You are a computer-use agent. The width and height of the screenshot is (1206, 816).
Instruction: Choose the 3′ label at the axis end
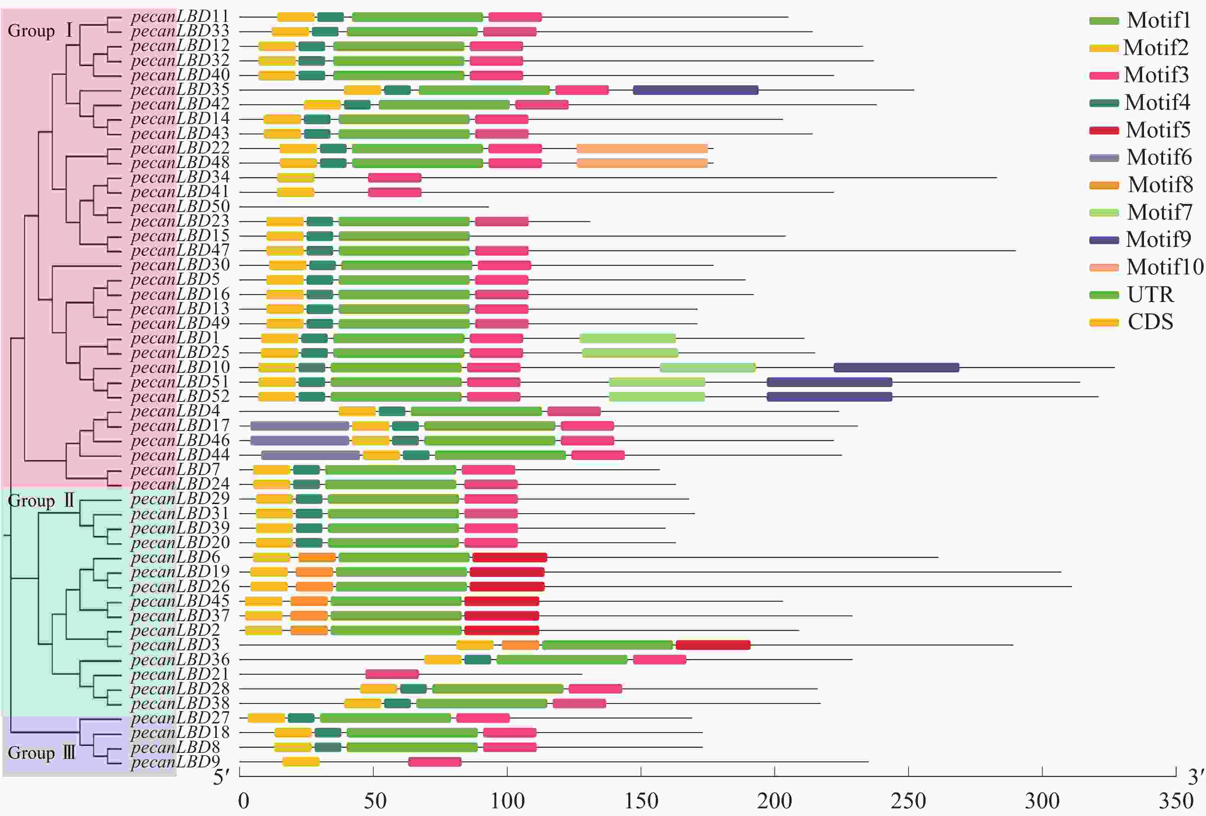pos(1196,777)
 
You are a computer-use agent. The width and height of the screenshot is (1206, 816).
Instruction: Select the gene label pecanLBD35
pos(180,90)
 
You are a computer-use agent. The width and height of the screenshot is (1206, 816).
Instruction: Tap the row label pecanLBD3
pos(175,645)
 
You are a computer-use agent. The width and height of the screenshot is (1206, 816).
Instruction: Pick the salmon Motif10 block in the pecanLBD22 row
pos(642,149)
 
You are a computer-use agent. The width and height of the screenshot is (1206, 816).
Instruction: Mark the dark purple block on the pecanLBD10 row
pos(896,368)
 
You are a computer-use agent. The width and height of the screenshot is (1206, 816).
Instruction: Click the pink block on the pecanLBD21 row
pos(392,674)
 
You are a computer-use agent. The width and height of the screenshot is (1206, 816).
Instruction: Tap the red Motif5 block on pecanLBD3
pos(713,645)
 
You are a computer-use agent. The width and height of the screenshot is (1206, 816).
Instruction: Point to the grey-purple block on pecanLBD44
pos(310,455)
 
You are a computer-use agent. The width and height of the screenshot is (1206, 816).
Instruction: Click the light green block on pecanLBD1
pos(628,339)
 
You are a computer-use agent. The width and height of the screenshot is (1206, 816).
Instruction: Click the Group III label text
pos(41,753)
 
